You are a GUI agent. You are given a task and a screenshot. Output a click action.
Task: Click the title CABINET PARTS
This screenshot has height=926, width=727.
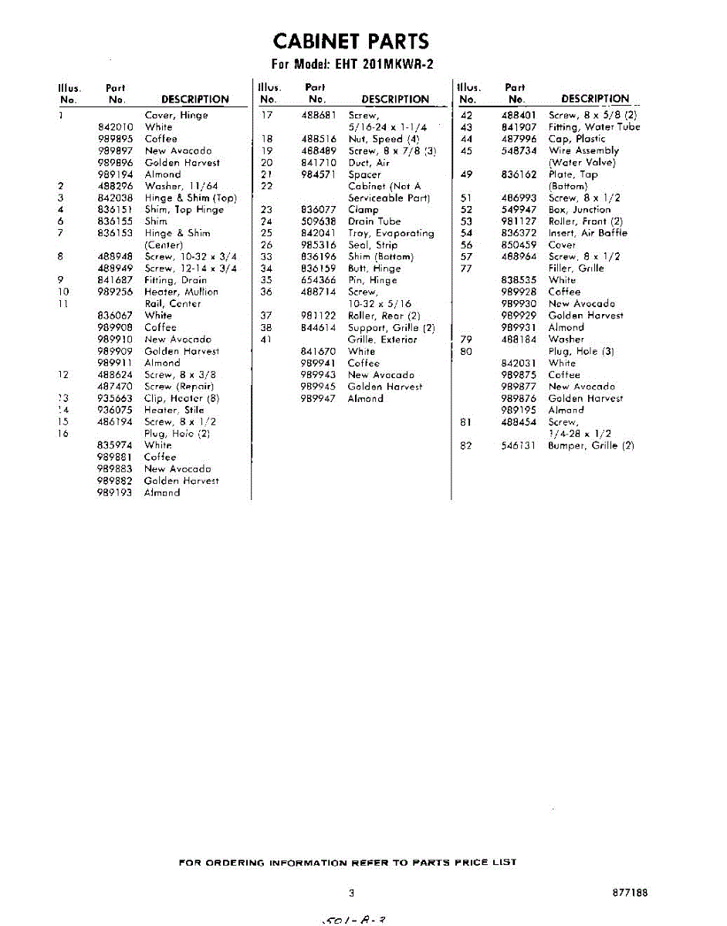tap(351, 41)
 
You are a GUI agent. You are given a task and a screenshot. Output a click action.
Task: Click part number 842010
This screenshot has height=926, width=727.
tap(116, 127)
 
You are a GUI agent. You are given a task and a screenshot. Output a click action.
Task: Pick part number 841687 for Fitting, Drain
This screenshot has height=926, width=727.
tap(116, 280)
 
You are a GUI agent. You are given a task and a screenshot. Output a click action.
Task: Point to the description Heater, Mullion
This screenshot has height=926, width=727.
tap(181, 292)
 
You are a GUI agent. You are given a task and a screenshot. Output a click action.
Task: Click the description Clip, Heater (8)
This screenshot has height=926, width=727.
tap(182, 398)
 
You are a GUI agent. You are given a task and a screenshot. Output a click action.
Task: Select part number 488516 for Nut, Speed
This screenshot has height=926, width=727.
tap(318, 139)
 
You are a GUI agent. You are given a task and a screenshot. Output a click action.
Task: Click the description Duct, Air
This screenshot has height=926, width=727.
tap(369, 163)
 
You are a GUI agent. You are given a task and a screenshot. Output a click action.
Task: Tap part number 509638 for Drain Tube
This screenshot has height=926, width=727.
tap(318, 221)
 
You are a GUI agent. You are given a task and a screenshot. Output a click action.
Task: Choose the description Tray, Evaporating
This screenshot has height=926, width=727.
tap(391, 233)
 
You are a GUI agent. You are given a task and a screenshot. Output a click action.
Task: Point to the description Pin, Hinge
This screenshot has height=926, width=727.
tap(373, 280)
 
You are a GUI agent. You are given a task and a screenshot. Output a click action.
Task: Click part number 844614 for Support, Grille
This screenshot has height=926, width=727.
tap(318, 327)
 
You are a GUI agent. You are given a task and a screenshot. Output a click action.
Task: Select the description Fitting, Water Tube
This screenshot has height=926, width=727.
tap(594, 127)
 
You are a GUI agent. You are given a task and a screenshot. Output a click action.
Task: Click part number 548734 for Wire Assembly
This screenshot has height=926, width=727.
tap(519, 150)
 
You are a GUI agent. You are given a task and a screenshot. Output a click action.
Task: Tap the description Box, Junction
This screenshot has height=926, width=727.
tap(580, 210)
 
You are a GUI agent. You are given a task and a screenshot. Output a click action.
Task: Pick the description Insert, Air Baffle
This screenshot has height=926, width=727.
tap(588, 233)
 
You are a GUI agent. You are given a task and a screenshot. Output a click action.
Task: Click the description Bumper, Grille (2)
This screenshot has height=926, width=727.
tap(591, 446)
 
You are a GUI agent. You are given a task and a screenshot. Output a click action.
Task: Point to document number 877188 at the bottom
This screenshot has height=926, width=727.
tap(629, 893)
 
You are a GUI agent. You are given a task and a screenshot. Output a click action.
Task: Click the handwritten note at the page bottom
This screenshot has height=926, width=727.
tap(352, 918)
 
